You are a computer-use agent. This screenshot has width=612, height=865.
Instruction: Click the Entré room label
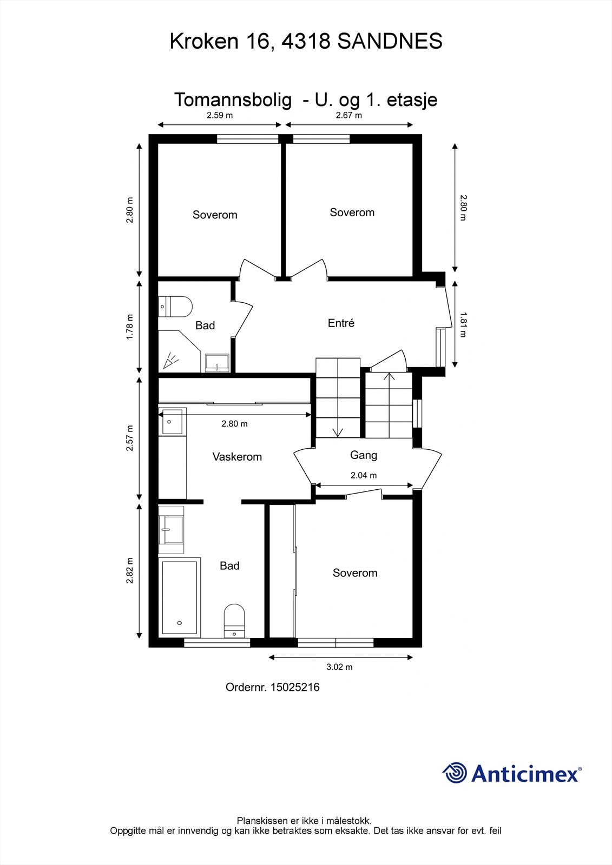(341, 323)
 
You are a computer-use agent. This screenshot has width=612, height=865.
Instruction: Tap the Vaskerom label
(237, 457)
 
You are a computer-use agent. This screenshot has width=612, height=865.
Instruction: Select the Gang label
(364, 455)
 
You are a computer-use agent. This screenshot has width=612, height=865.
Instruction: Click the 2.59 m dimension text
(220, 115)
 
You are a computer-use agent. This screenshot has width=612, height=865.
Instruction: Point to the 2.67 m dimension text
(348, 115)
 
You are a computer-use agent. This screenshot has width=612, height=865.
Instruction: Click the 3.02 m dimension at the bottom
(339, 667)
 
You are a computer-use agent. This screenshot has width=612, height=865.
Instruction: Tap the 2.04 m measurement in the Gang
(364, 475)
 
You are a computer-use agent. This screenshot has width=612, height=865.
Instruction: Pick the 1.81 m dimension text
(463, 324)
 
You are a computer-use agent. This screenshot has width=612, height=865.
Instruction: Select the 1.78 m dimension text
(129, 327)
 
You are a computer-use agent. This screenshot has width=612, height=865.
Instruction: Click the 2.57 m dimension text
(129, 438)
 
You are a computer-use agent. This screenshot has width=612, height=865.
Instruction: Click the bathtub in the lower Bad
(180, 597)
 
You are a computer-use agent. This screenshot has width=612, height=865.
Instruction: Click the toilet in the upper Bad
(175, 306)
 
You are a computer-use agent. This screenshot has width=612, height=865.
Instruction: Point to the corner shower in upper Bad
(179, 351)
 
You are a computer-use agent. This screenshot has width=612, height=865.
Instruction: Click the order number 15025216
(295, 687)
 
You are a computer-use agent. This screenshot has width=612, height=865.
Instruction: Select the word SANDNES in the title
(390, 41)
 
